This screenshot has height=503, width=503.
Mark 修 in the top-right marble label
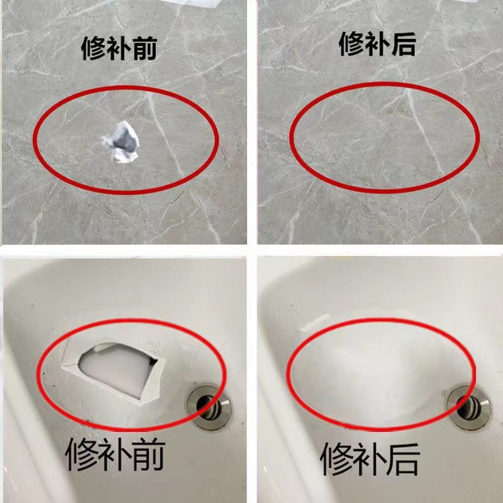[x=351, y=43]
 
